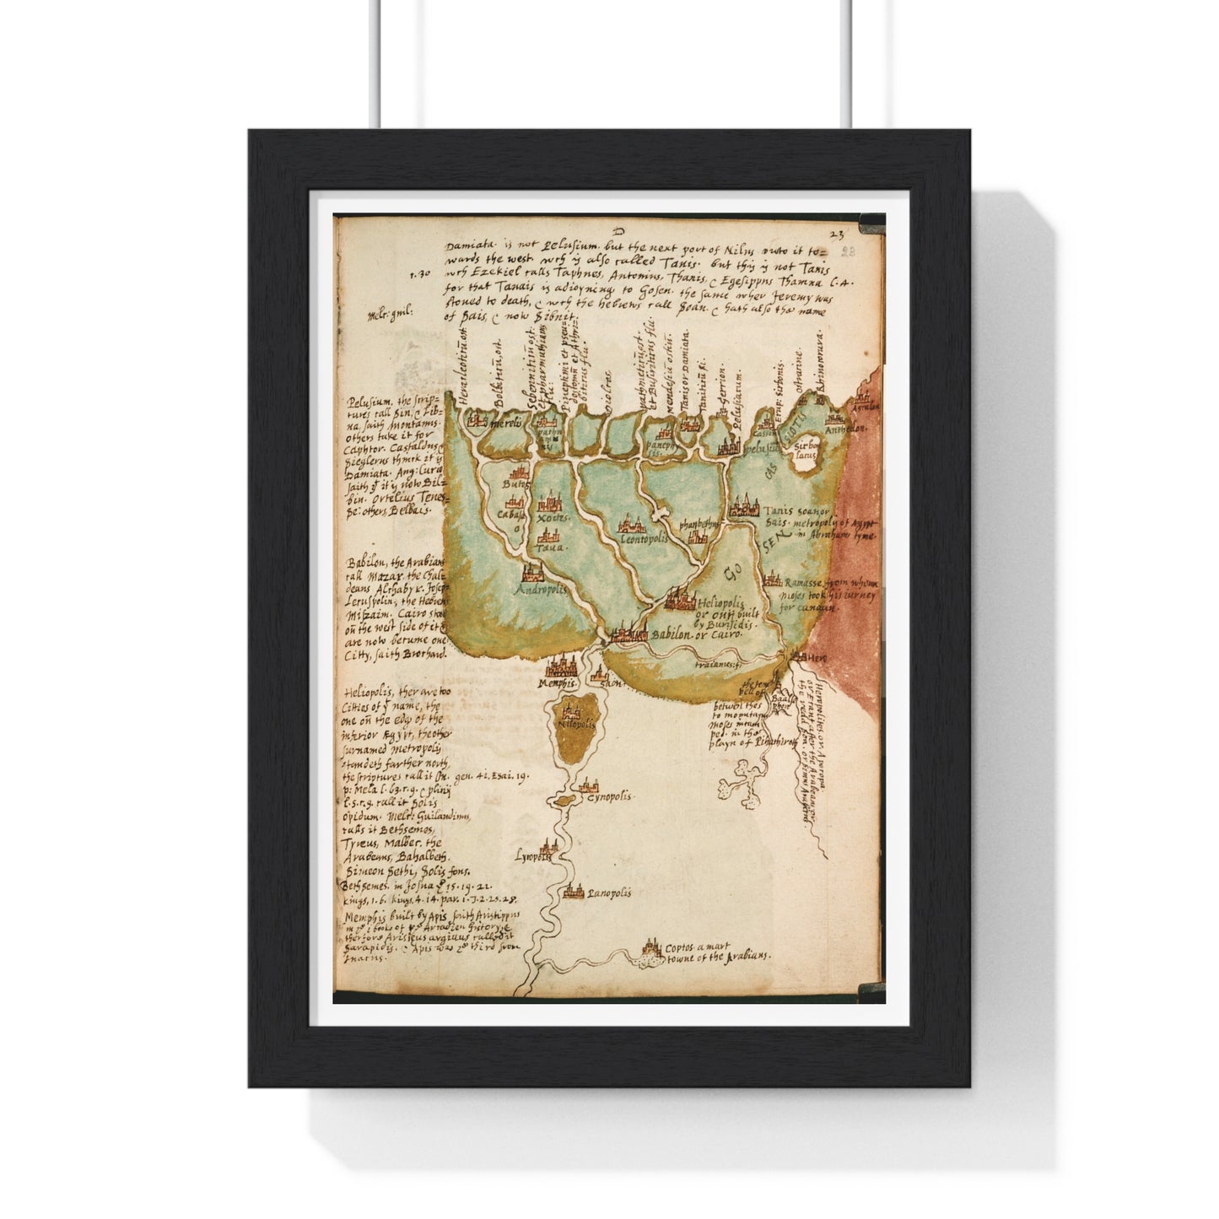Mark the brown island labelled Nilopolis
[576, 736]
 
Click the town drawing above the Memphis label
[558, 666]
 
